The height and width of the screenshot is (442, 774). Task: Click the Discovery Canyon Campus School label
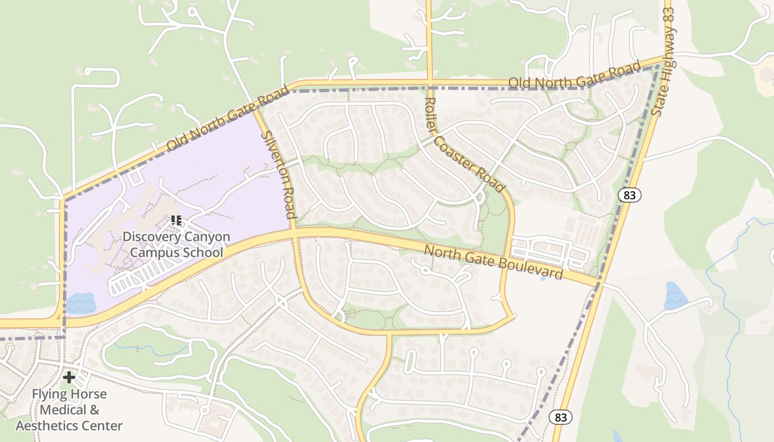(x=176, y=244)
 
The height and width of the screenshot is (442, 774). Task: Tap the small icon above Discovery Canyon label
(x=176, y=220)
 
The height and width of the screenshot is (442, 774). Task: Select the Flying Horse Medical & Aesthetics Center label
(x=69, y=410)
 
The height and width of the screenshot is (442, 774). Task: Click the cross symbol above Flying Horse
(x=69, y=377)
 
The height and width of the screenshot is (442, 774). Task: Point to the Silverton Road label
(x=278, y=175)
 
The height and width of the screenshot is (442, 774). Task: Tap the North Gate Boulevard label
(x=493, y=262)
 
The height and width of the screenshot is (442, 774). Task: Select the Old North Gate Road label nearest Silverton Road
(x=228, y=118)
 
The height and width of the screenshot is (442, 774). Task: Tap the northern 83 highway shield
(x=629, y=194)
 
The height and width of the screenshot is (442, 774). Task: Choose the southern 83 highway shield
(x=561, y=417)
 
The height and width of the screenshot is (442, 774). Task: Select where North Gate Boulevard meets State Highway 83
(x=598, y=283)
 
